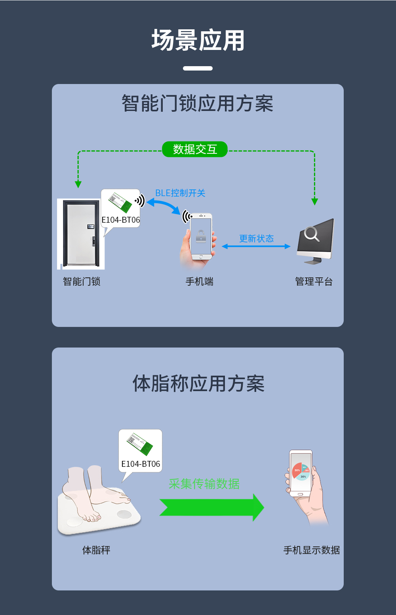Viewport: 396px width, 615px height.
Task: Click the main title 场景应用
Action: click(x=198, y=40)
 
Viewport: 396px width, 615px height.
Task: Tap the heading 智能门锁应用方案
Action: click(x=197, y=104)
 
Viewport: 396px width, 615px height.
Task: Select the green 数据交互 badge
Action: click(x=195, y=149)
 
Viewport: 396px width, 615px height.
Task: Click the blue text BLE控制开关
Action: click(x=180, y=193)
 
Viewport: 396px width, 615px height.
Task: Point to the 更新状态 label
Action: click(x=256, y=239)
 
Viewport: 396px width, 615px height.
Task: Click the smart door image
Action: click(x=81, y=234)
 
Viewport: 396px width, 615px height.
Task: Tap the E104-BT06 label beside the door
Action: click(x=121, y=220)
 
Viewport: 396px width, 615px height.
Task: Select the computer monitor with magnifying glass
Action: click(x=316, y=240)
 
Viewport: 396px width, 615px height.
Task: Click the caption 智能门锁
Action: click(x=82, y=282)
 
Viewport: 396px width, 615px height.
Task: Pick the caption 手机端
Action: click(x=200, y=282)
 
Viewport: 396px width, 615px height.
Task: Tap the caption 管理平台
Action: click(x=314, y=282)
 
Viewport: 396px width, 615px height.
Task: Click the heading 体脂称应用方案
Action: click(x=198, y=384)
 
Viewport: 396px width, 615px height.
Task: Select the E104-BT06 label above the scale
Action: click(x=141, y=464)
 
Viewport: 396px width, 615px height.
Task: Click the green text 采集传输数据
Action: click(x=204, y=484)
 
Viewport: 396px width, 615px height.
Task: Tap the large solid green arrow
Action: click(x=211, y=508)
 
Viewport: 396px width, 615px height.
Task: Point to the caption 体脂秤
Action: click(x=96, y=550)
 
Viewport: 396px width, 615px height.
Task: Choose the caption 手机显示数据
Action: click(x=312, y=550)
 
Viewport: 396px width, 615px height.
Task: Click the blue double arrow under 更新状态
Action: click(x=256, y=246)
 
